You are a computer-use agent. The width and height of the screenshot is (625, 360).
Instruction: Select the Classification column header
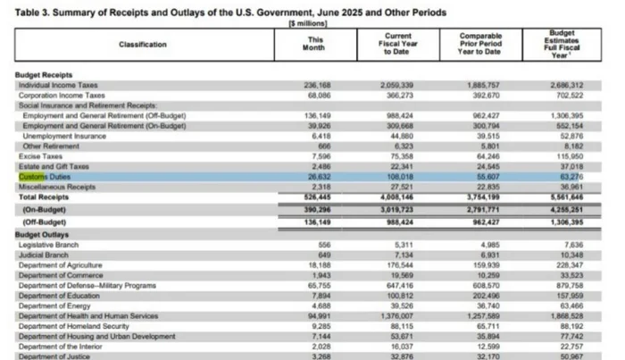click(143, 44)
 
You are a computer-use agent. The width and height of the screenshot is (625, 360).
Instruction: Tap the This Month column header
click(315, 44)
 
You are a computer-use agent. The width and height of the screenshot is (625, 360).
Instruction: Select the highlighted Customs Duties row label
click(45, 177)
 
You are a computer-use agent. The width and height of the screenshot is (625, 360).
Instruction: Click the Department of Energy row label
click(55, 305)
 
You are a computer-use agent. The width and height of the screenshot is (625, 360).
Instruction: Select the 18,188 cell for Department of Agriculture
click(319, 265)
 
